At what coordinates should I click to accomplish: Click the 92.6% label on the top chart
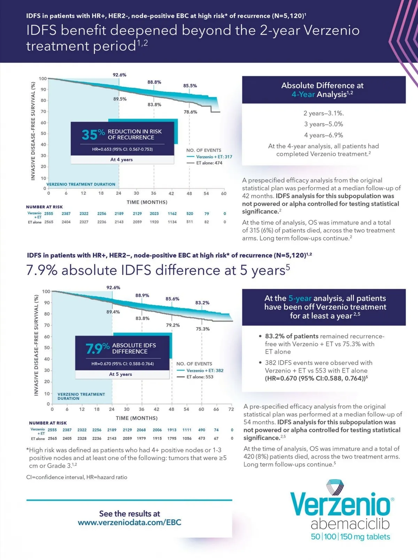click(x=119, y=75)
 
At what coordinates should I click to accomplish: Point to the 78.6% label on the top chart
click(x=191, y=112)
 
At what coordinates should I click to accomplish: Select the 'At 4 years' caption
click(x=122, y=160)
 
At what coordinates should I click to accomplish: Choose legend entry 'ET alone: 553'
click(x=200, y=377)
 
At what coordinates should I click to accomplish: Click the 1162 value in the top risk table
click(x=172, y=214)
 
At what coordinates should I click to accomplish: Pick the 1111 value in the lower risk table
click(x=187, y=430)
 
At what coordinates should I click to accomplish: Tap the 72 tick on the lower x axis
click(x=231, y=409)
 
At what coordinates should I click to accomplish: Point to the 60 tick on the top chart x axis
click(x=224, y=194)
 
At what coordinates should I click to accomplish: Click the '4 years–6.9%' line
click(x=323, y=135)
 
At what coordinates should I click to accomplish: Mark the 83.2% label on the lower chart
click(x=202, y=303)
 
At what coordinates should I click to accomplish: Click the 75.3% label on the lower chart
click(x=203, y=329)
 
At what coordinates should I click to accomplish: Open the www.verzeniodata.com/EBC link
click(x=130, y=522)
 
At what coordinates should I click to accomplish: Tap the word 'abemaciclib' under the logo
click(x=350, y=524)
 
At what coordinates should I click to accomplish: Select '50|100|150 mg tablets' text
click(x=350, y=537)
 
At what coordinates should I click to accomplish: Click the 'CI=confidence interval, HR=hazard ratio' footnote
click(x=77, y=477)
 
